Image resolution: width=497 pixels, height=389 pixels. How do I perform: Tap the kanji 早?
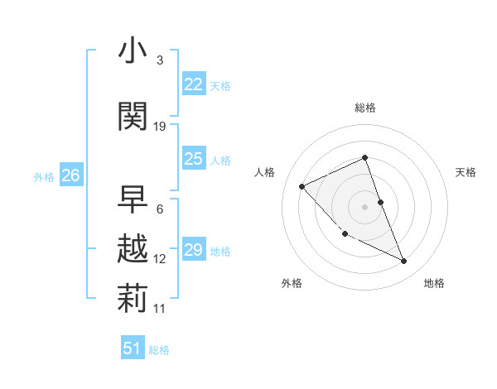coord(133,199)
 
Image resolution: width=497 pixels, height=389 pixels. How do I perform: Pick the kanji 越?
coord(133,249)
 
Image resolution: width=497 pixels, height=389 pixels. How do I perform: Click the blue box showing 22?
coord(193,84)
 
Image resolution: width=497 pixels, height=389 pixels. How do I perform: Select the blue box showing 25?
coord(193,159)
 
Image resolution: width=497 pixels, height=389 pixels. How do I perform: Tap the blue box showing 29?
coord(193,250)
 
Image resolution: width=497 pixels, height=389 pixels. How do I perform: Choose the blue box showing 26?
coord(70,175)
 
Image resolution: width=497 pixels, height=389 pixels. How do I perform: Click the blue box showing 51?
coord(133,348)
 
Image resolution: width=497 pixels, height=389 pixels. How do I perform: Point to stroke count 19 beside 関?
coord(160,127)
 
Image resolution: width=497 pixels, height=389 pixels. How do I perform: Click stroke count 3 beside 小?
coord(160,60)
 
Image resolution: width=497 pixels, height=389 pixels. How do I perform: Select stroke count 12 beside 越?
coord(160,259)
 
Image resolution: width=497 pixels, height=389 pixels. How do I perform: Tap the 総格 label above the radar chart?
coord(365,108)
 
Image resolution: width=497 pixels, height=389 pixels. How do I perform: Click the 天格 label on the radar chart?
coord(466,172)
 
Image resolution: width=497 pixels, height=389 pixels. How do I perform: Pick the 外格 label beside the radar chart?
coord(292,283)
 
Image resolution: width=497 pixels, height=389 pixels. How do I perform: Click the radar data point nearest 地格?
coord(404,262)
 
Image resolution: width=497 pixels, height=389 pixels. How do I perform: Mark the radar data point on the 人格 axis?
coord(302,186)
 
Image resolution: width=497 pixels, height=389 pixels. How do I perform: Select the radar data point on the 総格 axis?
coord(365,158)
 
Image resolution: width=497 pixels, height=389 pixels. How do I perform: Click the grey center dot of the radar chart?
coord(365,206)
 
